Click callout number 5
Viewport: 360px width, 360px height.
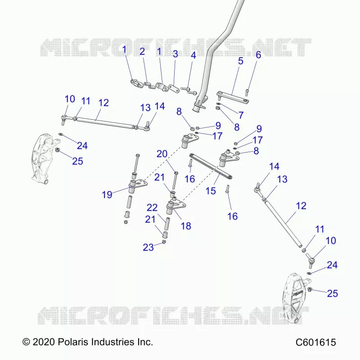point(240,61)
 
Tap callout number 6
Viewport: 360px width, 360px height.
point(258,55)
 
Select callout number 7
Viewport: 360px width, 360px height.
point(241,115)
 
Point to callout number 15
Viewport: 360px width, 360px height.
point(211,191)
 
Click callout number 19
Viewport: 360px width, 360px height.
point(107,195)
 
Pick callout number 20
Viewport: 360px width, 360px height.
point(162,154)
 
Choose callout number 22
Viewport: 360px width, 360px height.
point(152,207)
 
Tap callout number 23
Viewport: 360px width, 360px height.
point(148,247)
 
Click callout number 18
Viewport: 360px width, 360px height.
point(186,226)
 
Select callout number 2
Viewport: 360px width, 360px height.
point(142,51)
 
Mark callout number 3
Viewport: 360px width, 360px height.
point(175,54)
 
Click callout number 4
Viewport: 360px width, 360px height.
point(193,55)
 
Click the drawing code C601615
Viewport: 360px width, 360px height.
point(316,342)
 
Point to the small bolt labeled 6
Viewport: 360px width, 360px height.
point(247,92)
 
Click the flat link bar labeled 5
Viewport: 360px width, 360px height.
point(233,96)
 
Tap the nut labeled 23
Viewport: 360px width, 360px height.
point(164,242)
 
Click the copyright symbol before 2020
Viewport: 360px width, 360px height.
point(26,342)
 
